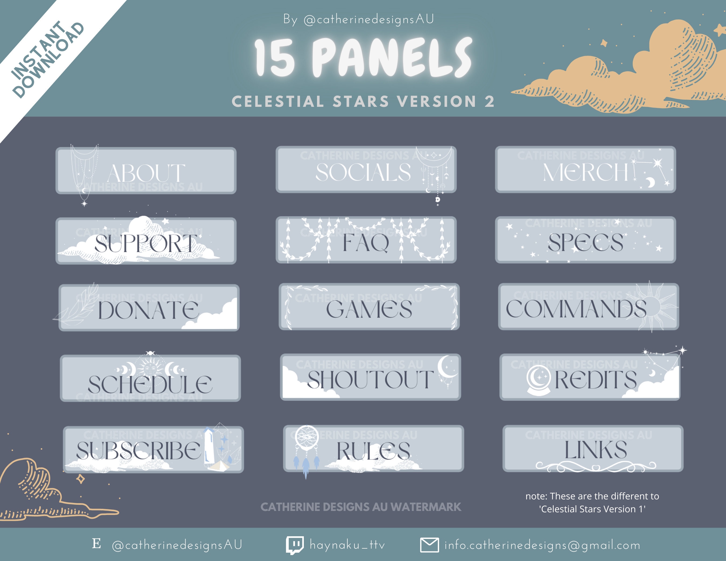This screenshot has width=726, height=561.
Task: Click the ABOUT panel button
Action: [x=146, y=171]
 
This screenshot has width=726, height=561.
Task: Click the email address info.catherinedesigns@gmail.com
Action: [x=542, y=545]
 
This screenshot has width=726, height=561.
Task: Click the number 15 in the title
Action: [x=275, y=57]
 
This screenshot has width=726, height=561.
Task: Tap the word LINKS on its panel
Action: [x=596, y=450]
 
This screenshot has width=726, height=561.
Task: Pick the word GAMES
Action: [x=369, y=309]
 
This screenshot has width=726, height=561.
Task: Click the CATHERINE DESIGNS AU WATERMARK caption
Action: [x=361, y=507]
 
